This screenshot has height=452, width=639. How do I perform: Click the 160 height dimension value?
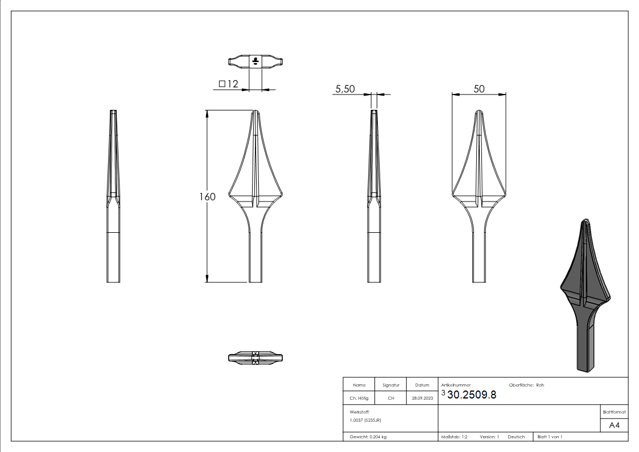click(207, 197)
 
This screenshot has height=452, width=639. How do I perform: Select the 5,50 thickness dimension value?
click(345, 89)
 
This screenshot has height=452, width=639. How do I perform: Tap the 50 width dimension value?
click(479, 89)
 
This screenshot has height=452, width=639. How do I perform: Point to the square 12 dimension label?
click(228, 84)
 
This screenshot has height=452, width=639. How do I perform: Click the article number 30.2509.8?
click(472, 395)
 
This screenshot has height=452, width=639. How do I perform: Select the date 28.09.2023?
click(422, 398)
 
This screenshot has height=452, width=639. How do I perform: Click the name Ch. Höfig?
click(359, 398)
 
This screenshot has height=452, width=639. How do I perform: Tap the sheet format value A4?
click(614, 425)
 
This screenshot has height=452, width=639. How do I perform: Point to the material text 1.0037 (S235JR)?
click(365, 420)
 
